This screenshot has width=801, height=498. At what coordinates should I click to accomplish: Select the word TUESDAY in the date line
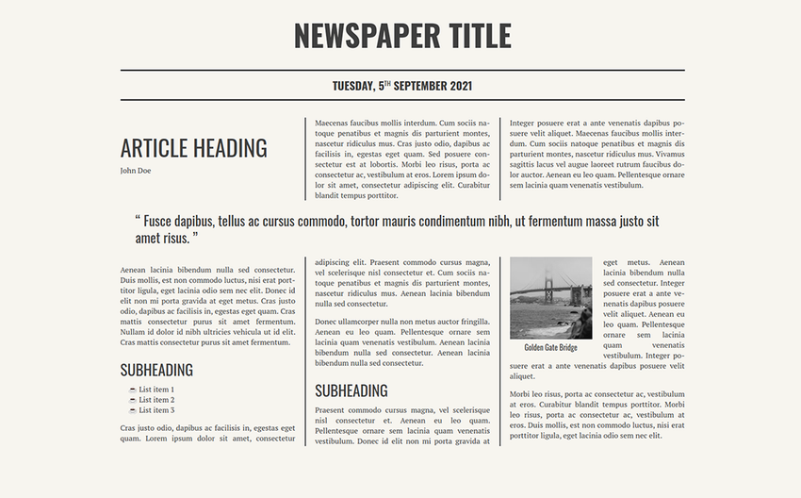(353, 86)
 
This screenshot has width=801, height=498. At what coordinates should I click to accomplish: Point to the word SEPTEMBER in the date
(419, 86)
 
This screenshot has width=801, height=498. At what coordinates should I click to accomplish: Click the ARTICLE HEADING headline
(193, 148)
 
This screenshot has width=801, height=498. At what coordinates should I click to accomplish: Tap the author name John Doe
(135, 171)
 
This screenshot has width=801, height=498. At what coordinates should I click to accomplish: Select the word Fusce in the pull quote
(161, 221)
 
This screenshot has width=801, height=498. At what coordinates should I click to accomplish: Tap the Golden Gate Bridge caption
(550, 347)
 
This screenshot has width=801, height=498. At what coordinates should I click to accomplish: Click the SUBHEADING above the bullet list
(156, 370)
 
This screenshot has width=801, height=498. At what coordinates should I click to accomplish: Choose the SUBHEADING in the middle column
(351, 390)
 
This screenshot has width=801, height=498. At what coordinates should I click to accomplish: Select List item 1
(156, 390)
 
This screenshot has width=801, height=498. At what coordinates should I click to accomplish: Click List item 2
(156, 400)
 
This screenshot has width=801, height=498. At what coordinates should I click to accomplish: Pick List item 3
(156, 410)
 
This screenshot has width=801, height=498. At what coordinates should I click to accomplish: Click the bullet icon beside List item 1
(133, 390)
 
